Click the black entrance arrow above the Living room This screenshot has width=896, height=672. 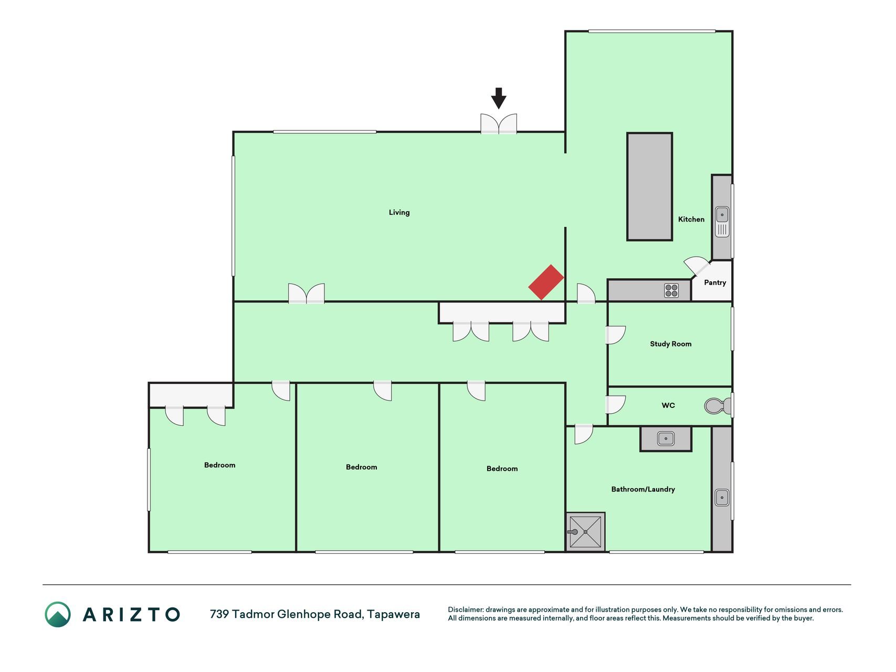499,98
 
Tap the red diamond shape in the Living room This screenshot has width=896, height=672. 546,282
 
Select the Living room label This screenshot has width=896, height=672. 399,213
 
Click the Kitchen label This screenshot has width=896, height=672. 691,219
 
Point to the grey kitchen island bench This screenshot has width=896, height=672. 649,187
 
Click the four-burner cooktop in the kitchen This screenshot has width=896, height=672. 671,290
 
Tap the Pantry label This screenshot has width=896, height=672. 715,282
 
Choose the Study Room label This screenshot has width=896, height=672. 670,344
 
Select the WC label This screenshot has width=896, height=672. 668,405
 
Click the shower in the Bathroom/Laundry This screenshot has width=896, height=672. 585,532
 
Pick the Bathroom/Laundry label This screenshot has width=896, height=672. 643,489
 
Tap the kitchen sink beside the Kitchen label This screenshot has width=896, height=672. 722,222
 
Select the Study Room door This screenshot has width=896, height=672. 616,335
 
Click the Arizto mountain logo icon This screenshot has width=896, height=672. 58,614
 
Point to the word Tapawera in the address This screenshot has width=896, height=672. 393,614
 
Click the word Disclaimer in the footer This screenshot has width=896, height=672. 465,610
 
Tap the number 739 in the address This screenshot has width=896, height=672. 219,614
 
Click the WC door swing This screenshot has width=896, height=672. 616,405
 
